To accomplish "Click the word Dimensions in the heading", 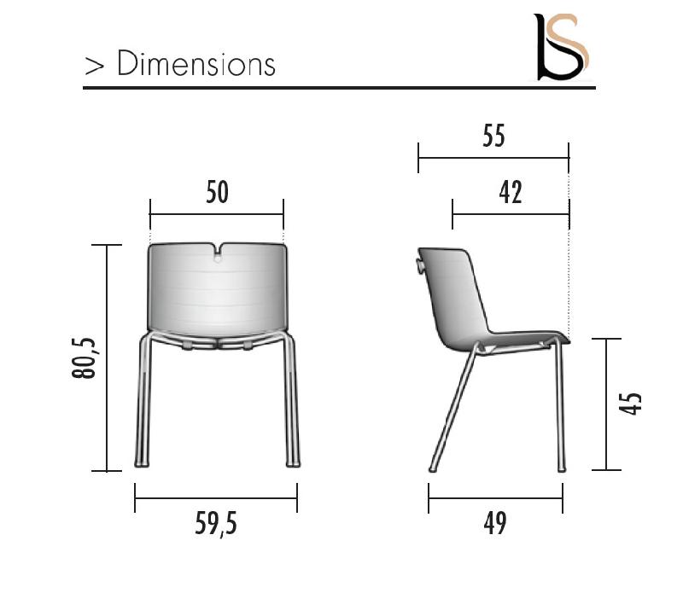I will pyautogui.click(x=196, y=64).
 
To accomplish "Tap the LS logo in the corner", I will pyautogui.click(x=561, y=47).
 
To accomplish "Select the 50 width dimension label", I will pyautogui.click(x=218, y=193).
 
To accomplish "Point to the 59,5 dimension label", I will pyautogui.click(x=216, y=525).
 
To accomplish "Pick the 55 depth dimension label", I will pyautogui.click(x=493, y=137).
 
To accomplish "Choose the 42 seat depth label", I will pyautogui.click(x=511, y=193).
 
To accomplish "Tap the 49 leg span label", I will pyautogui.click(x=494, y=523).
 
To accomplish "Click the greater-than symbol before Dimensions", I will pyautogui.click(x=93, y=66).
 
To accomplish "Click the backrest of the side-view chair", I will pyautogui.click(x=452, y=290).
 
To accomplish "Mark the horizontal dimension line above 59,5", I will pyautogui.click(x=216, y=498).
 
